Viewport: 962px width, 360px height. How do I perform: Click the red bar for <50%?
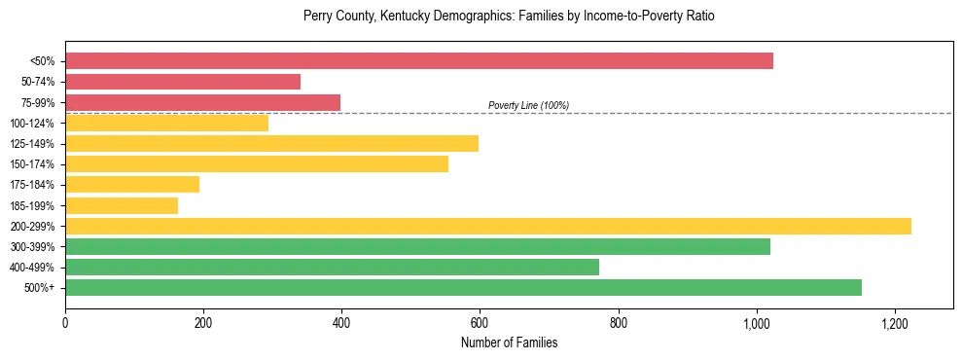pos(418,61)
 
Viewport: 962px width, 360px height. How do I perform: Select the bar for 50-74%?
pos(183,82)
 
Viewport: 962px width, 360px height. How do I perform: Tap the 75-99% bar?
pos(202,102)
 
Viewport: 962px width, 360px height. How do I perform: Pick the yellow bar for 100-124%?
pos(166,123)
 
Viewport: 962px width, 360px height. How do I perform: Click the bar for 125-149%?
pos(271,144)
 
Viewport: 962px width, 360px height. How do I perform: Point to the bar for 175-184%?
pos(132,185)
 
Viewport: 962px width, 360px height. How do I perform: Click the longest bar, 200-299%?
pos(487,226)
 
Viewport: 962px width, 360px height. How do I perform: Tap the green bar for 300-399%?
pos(417,246)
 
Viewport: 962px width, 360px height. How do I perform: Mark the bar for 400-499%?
pos(332,267)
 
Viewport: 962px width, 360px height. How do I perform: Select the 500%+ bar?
pos(463,288)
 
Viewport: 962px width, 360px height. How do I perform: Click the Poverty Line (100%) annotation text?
pos(528,105)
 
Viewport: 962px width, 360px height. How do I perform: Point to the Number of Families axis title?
pos(509,342)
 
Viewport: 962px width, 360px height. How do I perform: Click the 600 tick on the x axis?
pos(480,322)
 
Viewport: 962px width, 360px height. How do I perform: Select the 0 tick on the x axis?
pos(65,322)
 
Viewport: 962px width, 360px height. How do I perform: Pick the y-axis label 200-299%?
pos(33,227)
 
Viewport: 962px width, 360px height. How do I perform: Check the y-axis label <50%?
pos(43,61)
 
